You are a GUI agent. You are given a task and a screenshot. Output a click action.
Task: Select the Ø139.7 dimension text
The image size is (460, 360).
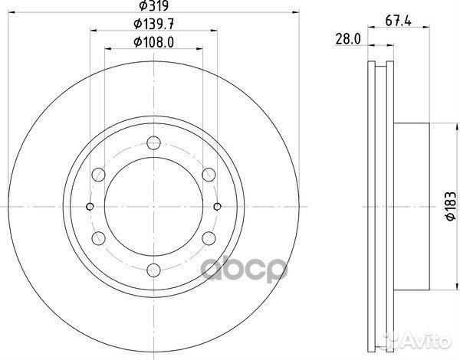point(153,25)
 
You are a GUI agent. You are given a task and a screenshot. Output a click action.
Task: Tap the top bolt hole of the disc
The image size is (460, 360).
point(153,142)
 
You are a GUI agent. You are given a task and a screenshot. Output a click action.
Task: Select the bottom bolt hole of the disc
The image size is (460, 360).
point(153,269)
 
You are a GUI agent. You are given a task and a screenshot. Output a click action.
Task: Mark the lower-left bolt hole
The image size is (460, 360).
point(98,237)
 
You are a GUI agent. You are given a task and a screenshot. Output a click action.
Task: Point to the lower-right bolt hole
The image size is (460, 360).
point(209,237)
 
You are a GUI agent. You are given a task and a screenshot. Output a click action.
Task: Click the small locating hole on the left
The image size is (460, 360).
point(90,205)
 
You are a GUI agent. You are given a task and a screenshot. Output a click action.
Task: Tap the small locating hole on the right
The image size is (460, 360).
point(217,205)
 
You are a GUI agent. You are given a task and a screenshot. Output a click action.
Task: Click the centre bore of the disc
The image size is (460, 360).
point(153,205)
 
